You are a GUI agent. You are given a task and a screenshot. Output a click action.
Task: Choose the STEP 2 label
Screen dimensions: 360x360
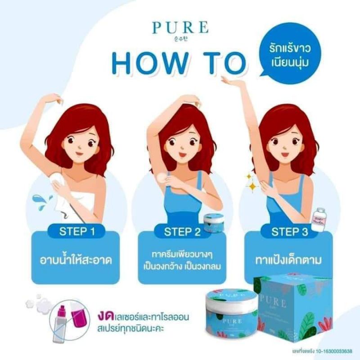[x=181, y=232]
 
